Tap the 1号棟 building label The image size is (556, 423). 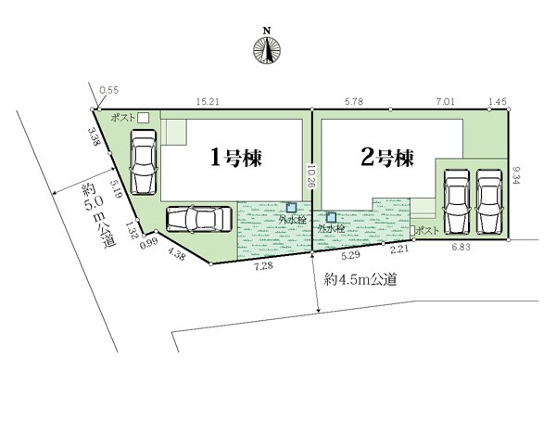click(235, 158)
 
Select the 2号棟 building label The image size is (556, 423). click(387, 158)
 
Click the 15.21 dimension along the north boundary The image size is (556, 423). click(208, 102)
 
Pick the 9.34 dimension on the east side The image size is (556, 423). click(515, 176)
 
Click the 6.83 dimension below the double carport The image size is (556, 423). click(461, 248)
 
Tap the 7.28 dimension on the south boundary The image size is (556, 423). click(263, 266)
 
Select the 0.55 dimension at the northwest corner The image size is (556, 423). click(108, 90)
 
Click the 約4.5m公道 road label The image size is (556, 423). click(360, 280)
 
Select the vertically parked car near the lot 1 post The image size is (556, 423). click(144, 162)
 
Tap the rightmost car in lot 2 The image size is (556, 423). click(489, 201)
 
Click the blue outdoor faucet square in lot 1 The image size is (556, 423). click(291, 208)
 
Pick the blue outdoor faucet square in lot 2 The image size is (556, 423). click(331, 217)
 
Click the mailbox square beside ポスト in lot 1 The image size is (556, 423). click(144, 118)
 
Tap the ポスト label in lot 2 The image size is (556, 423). click(427, 231)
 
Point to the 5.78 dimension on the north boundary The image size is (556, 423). click(354, 102)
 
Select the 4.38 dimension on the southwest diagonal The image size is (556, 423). click(176, 254)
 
